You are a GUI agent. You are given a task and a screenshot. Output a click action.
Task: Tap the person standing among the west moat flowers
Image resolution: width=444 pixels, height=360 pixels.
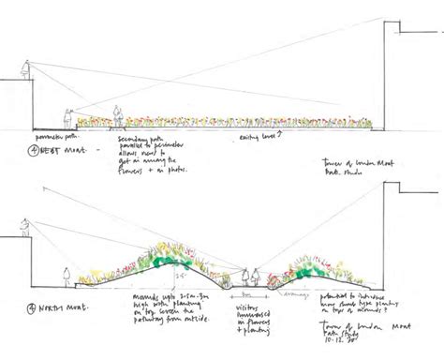click(119, 114)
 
